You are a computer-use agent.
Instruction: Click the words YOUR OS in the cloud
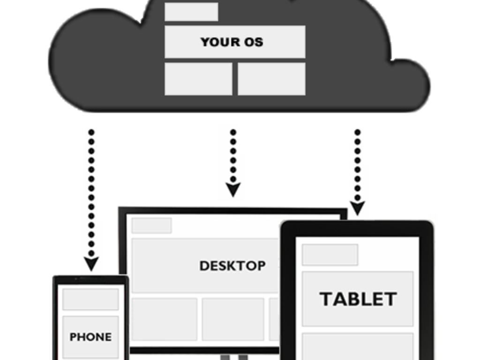point(232,42)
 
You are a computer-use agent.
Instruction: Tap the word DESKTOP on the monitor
point(232,266)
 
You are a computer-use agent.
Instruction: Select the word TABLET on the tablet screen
point(358,299)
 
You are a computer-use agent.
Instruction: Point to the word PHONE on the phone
point(90,337)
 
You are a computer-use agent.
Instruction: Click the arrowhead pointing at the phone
point(91,263)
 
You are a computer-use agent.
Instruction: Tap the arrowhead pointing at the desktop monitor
point(233,189)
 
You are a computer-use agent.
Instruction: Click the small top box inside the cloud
point(191,12)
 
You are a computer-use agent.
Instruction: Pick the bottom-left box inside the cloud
point(198,79)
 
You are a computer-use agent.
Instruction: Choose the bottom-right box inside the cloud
point(271,79)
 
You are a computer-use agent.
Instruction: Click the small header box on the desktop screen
point(151,225)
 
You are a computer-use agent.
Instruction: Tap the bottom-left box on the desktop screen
point(164,319)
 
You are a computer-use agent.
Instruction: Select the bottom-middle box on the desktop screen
point(233,319)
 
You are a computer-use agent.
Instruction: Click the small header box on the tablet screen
point(330,255)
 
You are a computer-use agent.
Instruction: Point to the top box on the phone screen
point(90,299)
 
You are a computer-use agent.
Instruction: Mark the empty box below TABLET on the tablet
point(358,346)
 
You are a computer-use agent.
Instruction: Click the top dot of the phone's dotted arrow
point(91,132)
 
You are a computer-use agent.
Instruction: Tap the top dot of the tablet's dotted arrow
point(357,132)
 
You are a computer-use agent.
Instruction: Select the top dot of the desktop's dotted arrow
point(233,132)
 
